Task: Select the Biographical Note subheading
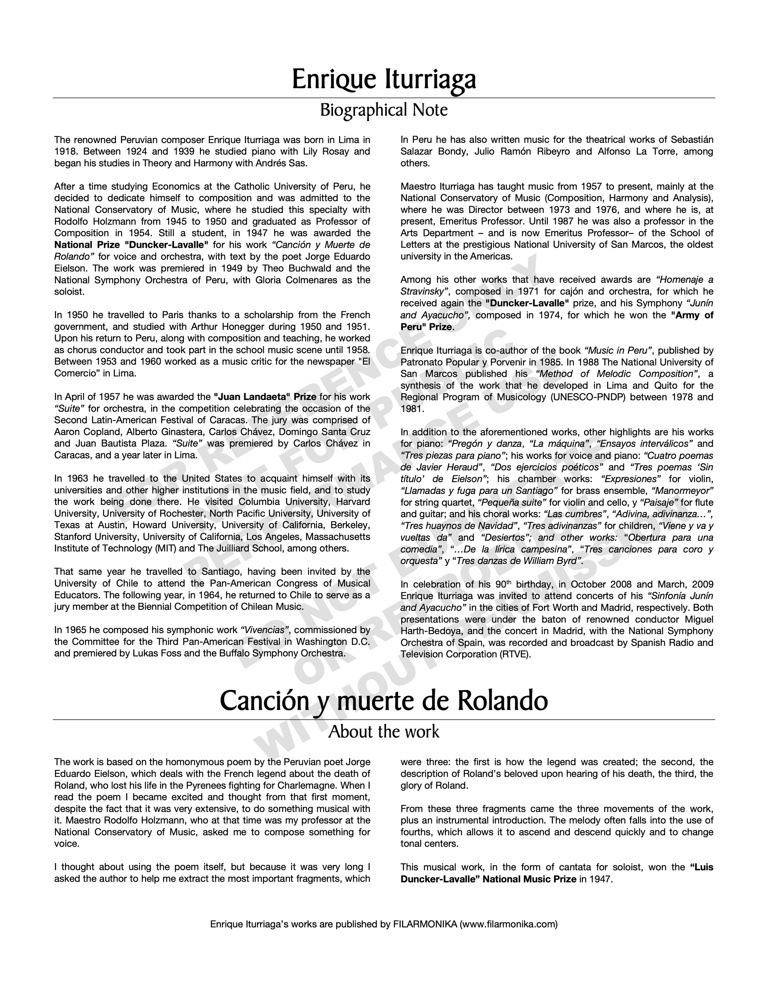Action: [384, 110]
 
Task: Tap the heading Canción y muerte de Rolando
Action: [384, 701]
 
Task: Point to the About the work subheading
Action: [384, 732]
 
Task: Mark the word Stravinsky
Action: [424, 292]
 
